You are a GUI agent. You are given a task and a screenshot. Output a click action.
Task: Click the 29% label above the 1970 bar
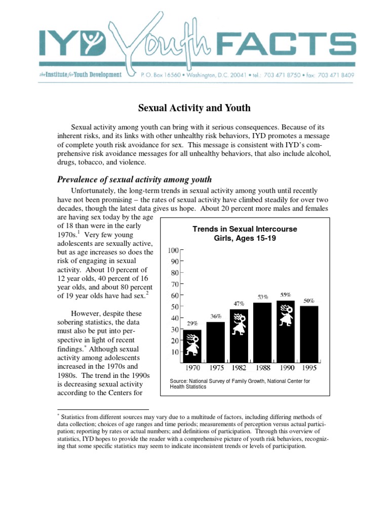[192, 323]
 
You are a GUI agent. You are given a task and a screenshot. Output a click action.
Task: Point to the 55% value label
[285, 294]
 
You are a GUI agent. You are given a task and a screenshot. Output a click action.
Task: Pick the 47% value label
[239, 304]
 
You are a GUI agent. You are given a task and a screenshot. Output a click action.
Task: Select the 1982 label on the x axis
[239, 368]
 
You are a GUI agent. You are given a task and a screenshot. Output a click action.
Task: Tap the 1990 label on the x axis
[286, 368]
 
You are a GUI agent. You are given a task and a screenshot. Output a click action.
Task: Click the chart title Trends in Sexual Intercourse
[245, 229]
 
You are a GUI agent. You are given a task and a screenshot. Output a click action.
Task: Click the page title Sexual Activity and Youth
[194, 108]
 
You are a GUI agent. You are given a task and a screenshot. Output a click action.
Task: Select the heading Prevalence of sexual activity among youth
[134, 180]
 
